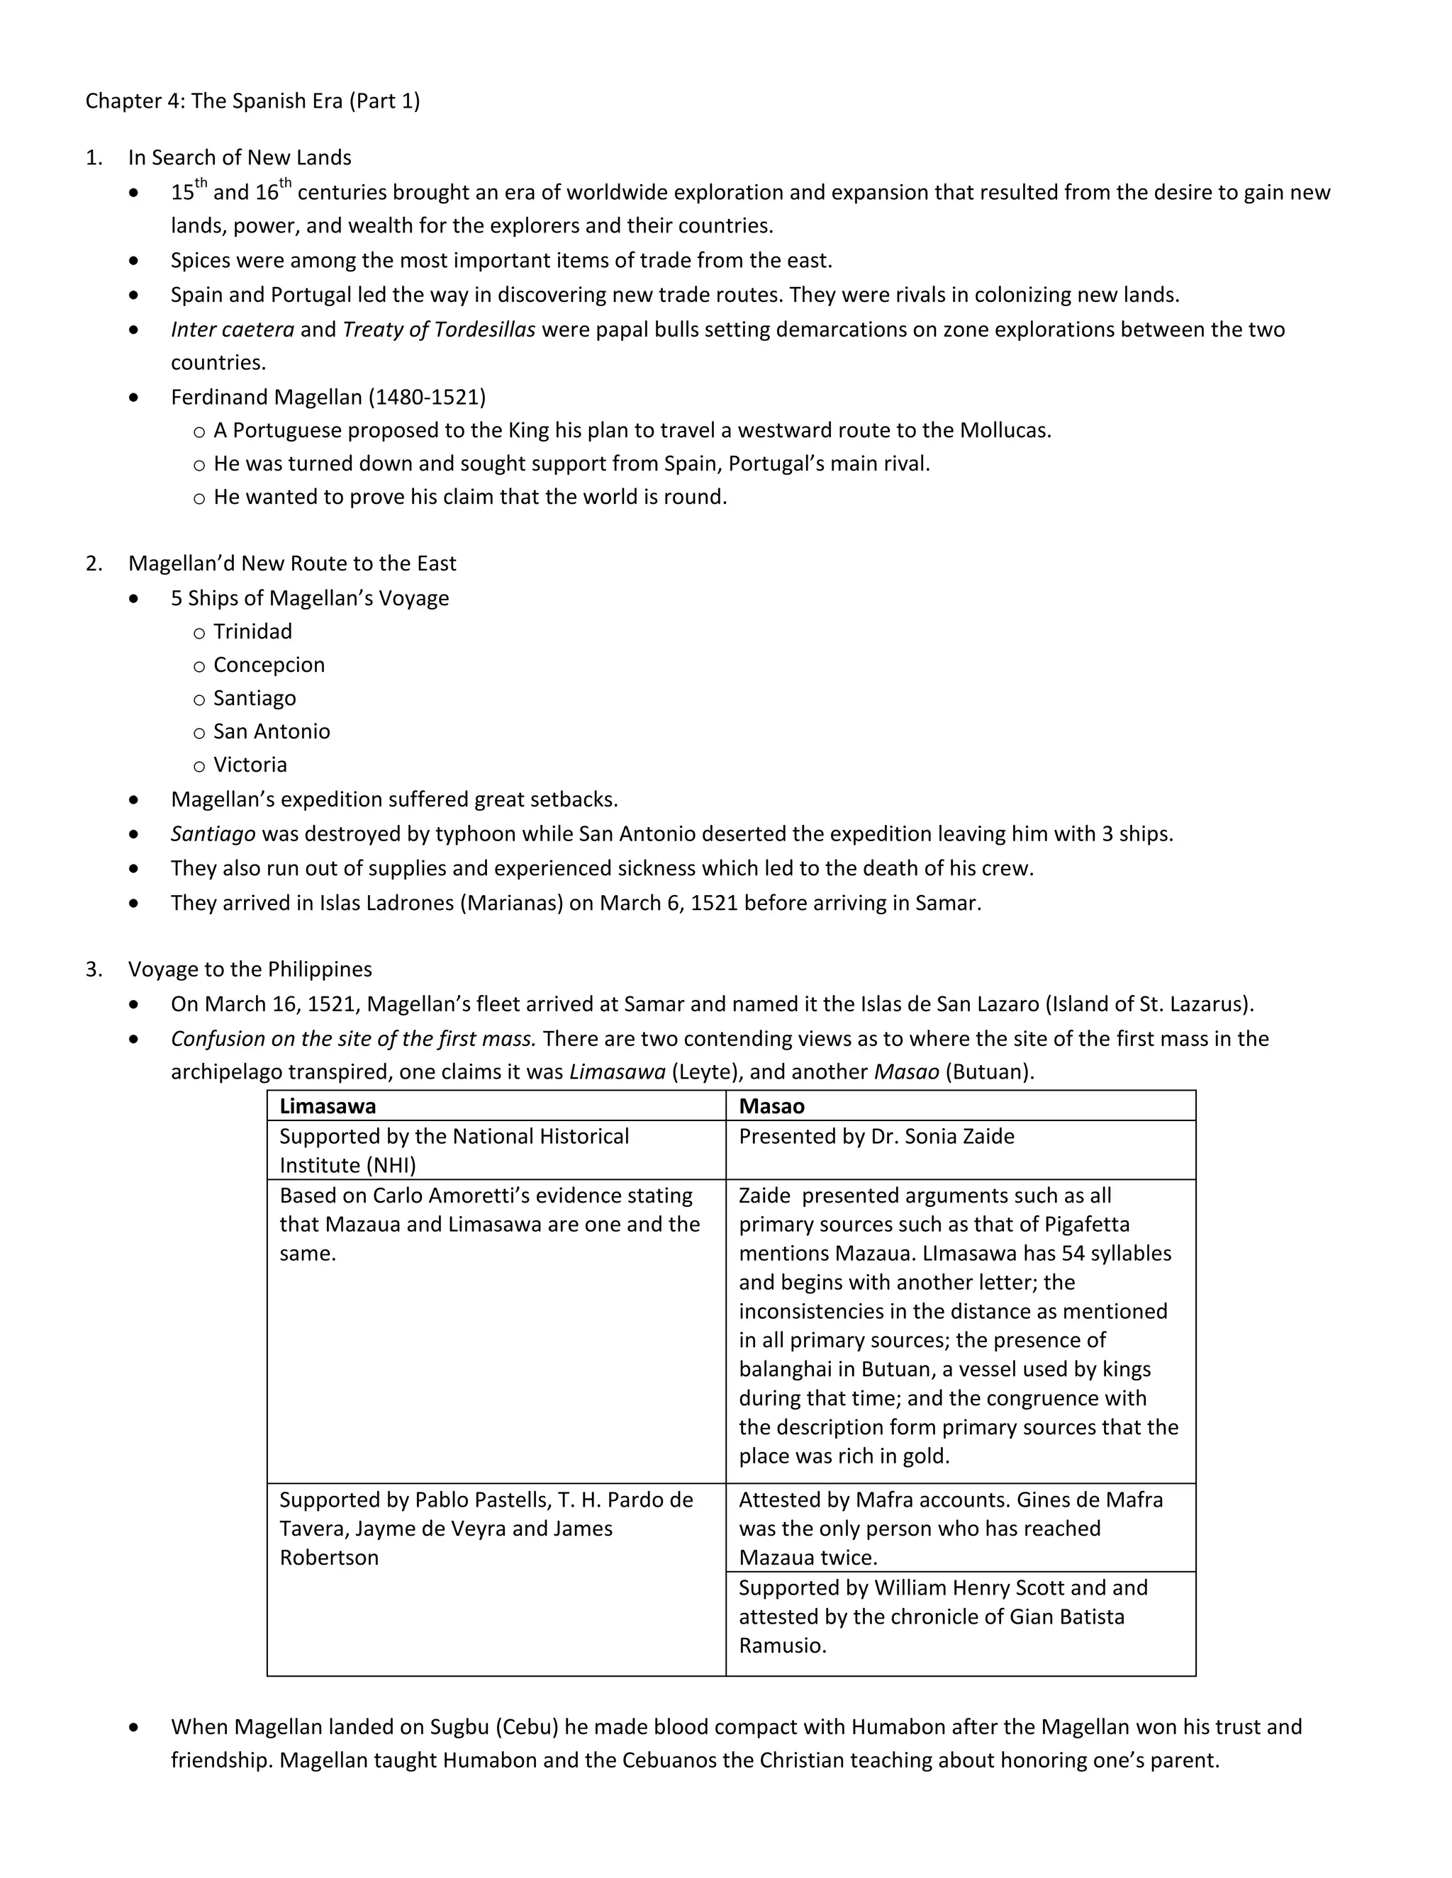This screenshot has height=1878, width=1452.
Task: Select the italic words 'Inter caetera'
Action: (233, 330)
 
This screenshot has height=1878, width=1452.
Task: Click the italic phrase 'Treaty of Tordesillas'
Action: (439, 330)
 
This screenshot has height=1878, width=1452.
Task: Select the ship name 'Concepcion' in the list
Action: (269, 665)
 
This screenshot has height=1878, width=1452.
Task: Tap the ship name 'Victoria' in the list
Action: (250, 765)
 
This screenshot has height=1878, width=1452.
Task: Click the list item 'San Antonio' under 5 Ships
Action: (271, 732)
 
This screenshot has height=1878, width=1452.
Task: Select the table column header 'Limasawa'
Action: (327, 1107)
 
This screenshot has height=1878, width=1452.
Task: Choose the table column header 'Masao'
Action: (771, 1107)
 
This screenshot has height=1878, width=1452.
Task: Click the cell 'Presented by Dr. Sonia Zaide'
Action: (876, 1137)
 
